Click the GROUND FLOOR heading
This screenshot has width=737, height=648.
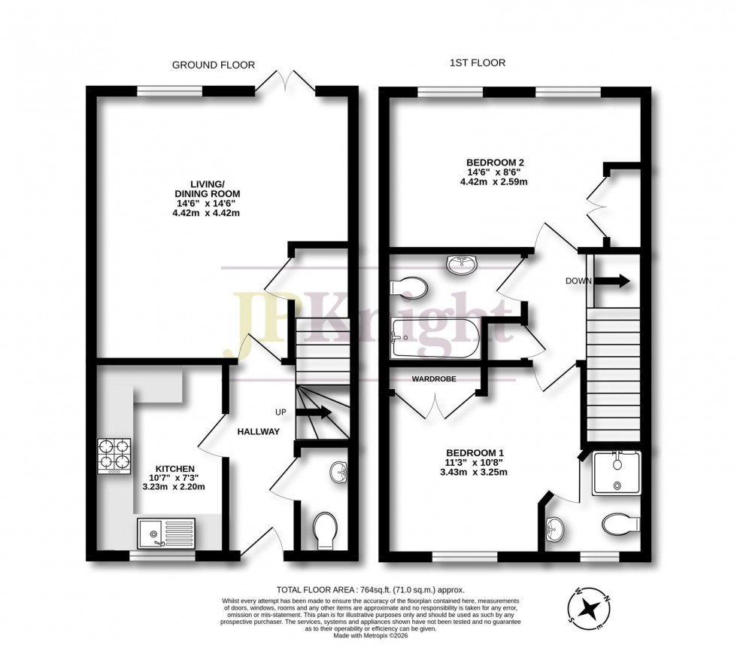[x=213, y=65]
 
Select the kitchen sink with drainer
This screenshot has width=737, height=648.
[x=165, y=533]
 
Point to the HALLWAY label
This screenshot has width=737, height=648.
[x=259, y=431]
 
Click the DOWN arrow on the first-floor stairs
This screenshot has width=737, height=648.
[x=613, y=281]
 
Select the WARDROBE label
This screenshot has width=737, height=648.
[x=432, y=379]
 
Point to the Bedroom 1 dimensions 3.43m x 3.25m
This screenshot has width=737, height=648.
[x=473, y=472]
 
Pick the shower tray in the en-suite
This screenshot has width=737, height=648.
[x=616, y=473]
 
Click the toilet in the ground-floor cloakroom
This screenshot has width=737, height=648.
[x=325, y=531]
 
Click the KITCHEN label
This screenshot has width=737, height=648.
[x=175, y=468]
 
